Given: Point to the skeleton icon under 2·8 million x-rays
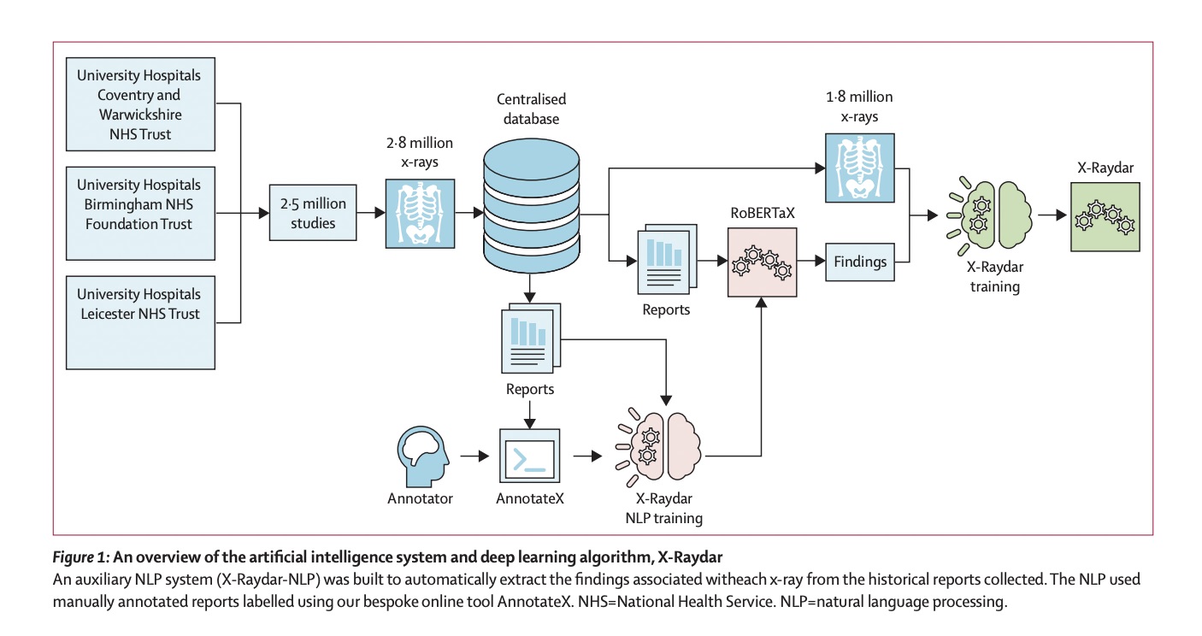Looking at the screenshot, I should [x=419, y=214].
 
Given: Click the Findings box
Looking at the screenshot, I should [x=860, y=261].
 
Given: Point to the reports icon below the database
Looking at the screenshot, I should [x=530, y=339].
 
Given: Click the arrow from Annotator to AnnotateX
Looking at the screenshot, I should [x=471, y=456].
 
